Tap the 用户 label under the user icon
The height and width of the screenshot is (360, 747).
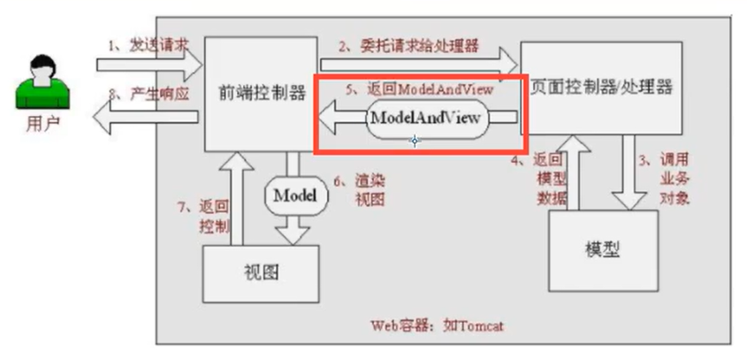[41, 122]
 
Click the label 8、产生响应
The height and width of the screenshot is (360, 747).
[147, 92]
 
